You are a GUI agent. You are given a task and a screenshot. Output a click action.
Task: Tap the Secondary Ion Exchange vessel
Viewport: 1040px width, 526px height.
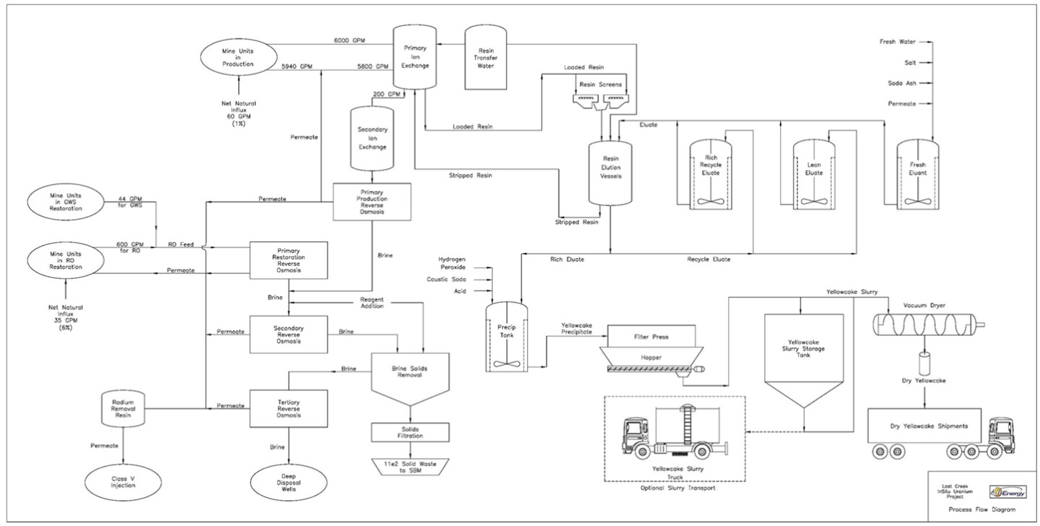point(372,137)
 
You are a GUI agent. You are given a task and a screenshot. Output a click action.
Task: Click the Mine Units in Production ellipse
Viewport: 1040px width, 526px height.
point(238,59)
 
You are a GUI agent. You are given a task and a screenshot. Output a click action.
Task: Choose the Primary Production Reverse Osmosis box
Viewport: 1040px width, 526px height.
point(371,201)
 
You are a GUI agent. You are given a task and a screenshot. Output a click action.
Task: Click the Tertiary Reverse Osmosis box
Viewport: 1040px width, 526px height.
point(288,409)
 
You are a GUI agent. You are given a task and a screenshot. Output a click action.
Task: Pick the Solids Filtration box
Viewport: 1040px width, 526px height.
point(409,432)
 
